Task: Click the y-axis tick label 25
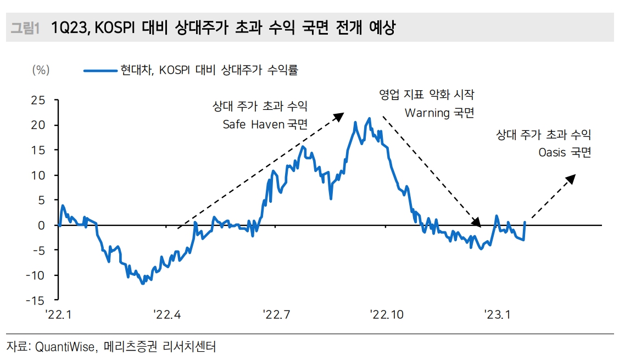[x=38, y=100]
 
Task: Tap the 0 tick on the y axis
[x=41, y=225]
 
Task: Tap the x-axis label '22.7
[x=276, y=314]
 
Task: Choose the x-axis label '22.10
[x=386, y=314]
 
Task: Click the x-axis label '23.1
[x=498, y=314]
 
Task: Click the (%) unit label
[x=41, y=70]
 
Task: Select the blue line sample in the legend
[x=101, y=70]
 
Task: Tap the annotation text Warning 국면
[x=439, y=113]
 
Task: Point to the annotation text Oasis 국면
[x=565, y=152]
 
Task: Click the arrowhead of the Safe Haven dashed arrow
[x=340, y=115]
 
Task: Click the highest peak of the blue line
[x=369, y=118]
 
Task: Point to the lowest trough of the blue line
[x=143, y=284]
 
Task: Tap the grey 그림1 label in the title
[x=25, y=28]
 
